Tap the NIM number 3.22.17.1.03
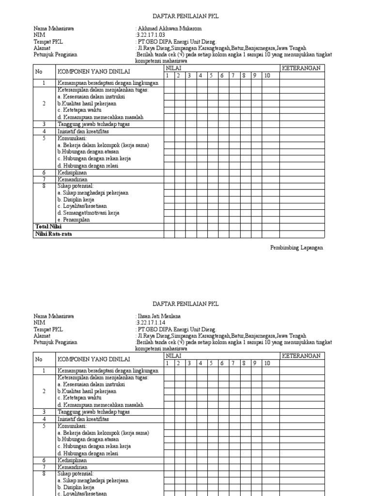152,35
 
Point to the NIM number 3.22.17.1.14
152,323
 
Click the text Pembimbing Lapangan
296,248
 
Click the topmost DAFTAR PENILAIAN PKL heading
186,16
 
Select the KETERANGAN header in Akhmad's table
301,68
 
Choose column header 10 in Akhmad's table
267,76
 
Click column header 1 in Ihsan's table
168,363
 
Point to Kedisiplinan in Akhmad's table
73,172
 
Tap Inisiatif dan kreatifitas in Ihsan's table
83,419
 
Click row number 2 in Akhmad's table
44,103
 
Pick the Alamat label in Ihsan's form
42,336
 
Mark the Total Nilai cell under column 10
271,227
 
